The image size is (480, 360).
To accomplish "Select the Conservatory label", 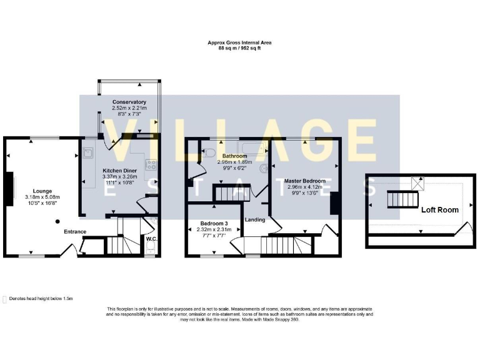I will click(129, 102).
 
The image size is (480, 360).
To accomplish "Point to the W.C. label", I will click(151, 238).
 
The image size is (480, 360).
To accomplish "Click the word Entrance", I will click(75, 232).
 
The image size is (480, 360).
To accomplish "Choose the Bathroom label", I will click(231, 156).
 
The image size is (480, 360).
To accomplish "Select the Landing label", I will click(254, 219).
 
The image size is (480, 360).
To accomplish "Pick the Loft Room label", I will click(440, 210).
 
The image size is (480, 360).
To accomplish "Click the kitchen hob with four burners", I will click(151, 165).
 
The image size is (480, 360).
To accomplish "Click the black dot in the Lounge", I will click(57, 221).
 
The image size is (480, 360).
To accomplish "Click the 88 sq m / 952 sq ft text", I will click(240, 48).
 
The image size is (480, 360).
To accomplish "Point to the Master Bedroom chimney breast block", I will click(335, 204).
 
